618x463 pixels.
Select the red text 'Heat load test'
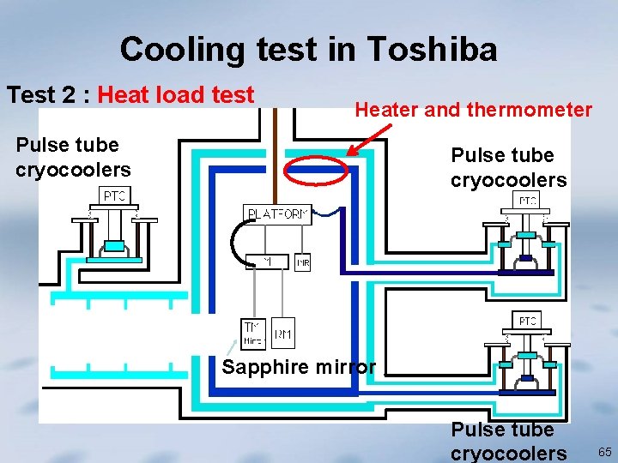click(x=176, y=95)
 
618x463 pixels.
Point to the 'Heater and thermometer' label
click(x=473, y=110)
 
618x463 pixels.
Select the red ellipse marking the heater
click(x=317, y=170)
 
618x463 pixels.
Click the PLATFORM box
click(x=278, y=214)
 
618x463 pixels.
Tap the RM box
click(x=283, y=334)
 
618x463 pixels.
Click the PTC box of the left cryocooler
click(x=114, y=196)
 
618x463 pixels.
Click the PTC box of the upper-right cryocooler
click(x=527, y=201)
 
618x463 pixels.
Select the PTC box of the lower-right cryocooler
click(x=527, y=321)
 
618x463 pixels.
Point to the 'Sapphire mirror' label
click(x=299, y=368)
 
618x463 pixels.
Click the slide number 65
click(x=604, y=452)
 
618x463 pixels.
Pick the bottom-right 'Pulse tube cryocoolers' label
click(x=508, y=441)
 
